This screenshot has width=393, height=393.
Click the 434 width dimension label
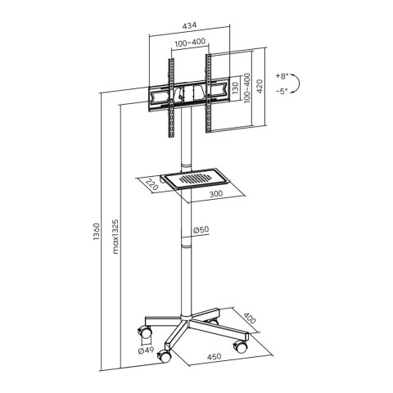[189, 25]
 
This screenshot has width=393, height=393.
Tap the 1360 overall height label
[97, 232]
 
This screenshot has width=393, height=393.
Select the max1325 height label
[115, 237]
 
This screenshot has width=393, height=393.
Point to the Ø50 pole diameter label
[201, 230]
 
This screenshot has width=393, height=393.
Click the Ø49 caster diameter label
[146, 350]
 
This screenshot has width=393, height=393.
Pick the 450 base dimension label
[214, 357]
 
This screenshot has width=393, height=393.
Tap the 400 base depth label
[249, 318]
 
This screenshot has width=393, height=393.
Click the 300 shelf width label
[216, 194]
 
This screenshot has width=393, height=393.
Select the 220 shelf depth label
[151, 184]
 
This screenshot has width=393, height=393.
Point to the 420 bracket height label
[260, 86]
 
